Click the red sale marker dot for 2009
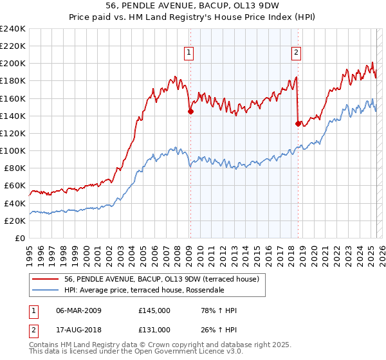[x=190, y=111]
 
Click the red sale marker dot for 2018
[x=298, y=123]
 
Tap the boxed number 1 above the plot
[x=189, y=53]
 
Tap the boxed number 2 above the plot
[x=297, y=53]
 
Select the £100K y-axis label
[x=13, y=150]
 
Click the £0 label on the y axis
[x=19, y=238]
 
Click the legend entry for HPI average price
[x=143, y=290]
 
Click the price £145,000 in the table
[x=154, y=310]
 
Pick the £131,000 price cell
[x=154, y=331]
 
